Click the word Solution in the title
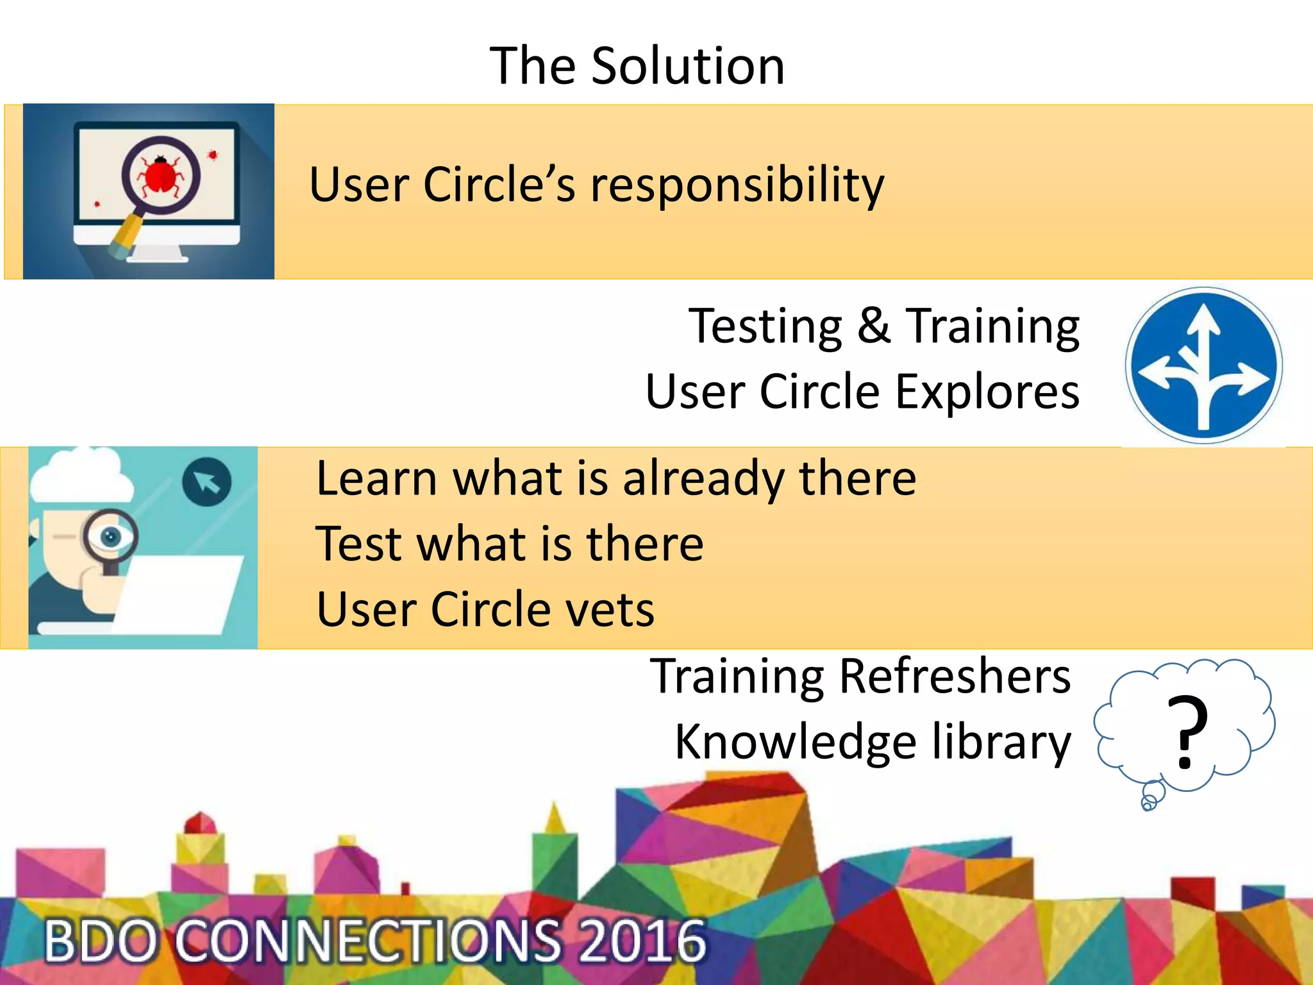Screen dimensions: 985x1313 687,66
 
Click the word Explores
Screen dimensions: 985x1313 987,392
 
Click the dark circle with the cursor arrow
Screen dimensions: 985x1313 206,482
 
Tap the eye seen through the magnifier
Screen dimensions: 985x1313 111,536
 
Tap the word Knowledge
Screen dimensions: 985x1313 795,743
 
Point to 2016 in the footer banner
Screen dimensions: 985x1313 642,941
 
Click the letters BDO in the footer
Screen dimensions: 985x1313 101,941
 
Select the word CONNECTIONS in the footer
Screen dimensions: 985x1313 369,941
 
